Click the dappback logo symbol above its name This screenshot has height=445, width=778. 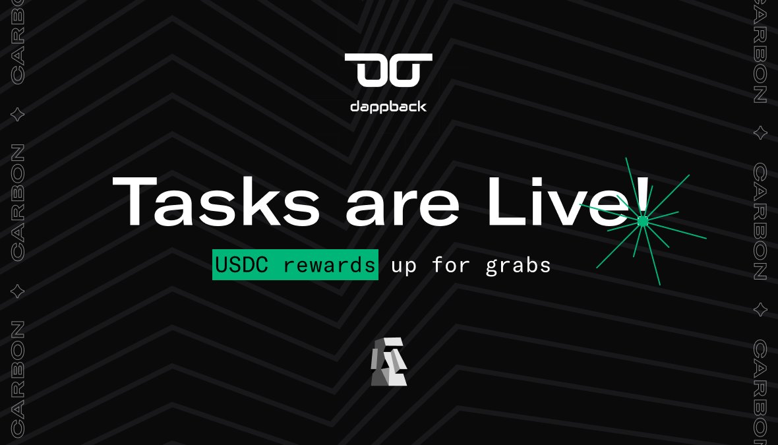point(388,70)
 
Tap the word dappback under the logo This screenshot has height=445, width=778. point(388,105)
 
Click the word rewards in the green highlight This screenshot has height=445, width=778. point(329,265)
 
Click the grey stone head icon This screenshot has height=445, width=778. point(388,361)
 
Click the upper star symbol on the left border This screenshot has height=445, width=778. point(18,115)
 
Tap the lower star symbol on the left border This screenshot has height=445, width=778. point(18,291)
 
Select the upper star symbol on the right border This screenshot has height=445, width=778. point(760,133)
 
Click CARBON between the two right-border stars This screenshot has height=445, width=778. point(760,221)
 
